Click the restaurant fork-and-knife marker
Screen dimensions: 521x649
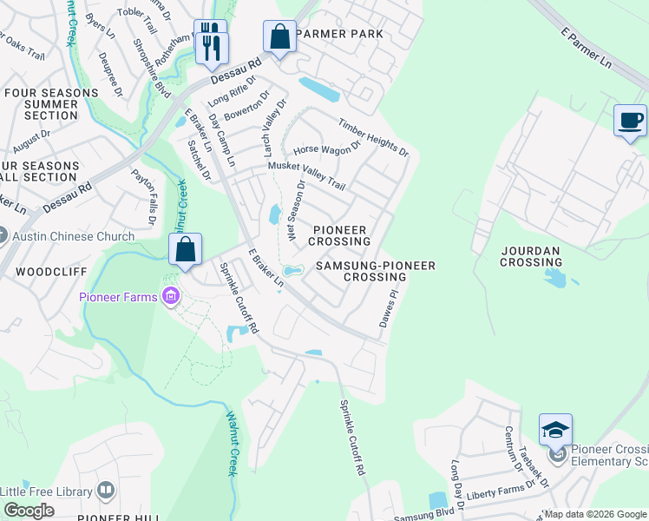(211, 42)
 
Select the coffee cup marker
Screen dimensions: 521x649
(630, 121)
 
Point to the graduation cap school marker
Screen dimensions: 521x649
(555, 430)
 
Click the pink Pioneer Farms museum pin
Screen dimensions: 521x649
(170, 297)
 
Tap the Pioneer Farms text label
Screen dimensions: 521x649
(118, 297)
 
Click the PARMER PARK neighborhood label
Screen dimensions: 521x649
(338, 34)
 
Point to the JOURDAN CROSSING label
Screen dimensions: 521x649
(542, 256)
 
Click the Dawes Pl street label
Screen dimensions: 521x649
(388, 308)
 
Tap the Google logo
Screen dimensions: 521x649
(29, 510)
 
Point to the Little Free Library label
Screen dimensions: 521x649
(47, 491)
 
